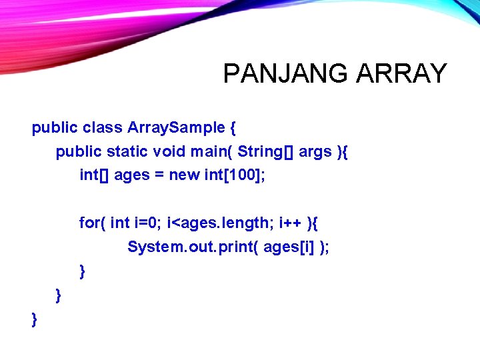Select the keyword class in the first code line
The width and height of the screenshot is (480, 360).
pyautogui.click(x=103, y=128)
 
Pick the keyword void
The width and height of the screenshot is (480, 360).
pyautogui.click(x=169, y=152)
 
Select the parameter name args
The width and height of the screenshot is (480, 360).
pyautogui.click(x=315, y=152)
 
